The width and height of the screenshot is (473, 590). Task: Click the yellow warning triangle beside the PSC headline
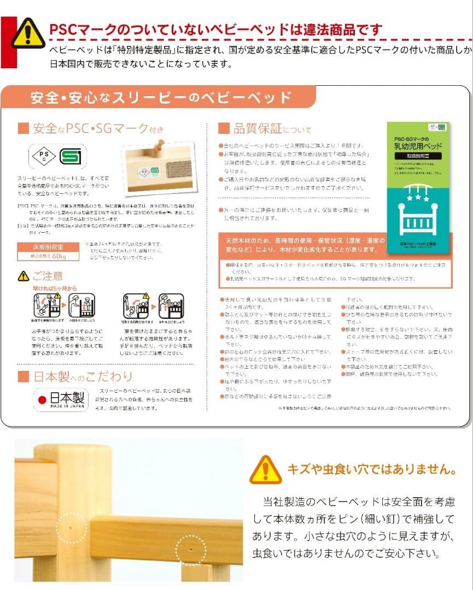coord(28,33)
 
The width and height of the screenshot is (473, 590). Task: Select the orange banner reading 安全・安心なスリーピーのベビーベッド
coord(161,98)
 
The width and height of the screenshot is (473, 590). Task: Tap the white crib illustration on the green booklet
coord(418,210)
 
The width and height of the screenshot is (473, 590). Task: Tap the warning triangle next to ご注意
coord(23,276)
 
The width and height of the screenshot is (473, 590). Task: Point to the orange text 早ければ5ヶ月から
coord(54,287)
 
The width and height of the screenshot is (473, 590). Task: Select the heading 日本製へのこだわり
coord(82,376)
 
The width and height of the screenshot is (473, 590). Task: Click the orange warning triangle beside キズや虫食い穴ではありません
coord(265,469)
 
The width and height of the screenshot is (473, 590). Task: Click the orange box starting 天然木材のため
coord(305,245)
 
